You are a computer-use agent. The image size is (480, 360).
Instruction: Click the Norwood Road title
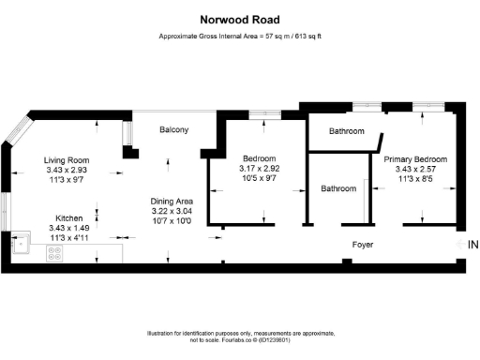coord(239,18)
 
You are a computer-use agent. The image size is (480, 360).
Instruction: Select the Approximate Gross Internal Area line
coord(239,38)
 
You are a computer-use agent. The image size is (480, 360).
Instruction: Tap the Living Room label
coord(66,160)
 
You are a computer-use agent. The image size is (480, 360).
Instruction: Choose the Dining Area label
coord(172,202)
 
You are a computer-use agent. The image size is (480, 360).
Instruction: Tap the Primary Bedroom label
coord(416,160)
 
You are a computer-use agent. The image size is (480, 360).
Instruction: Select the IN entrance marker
coord(472,244)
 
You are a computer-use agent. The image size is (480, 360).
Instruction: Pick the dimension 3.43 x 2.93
coord(66,172)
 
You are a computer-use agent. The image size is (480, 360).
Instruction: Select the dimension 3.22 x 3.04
coord(172,213)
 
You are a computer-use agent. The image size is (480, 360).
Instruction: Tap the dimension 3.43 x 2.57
coord(416,172)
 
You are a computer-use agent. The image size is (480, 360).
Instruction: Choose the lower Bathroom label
coord(339,189)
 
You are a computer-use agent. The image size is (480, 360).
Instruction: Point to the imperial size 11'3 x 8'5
coord(416,182)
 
